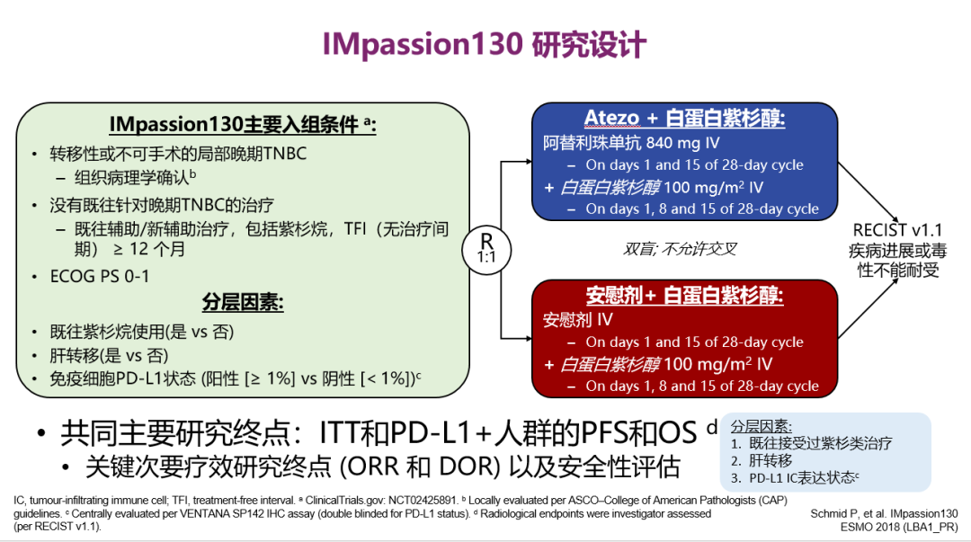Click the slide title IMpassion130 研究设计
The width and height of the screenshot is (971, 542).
pyautogui.click(x=485, y=44)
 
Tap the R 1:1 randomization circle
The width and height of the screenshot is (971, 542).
pyautogui.click(x=485, y=246)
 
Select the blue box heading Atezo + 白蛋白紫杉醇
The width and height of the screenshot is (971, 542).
pyautogui.click(x=684, y=119)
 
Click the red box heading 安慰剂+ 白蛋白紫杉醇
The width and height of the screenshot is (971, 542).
pyautogui.click(x=684, y=296)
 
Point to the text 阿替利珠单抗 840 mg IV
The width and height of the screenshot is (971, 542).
pyautogui.click(x=631, y=142)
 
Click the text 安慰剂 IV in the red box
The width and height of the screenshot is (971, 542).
pyautogui.click(x=578, y=319)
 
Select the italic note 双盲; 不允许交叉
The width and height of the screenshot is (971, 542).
pyautogui.click(x=680, y=249)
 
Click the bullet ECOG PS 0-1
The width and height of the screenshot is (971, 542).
pyautogui.click(x=100, y=276)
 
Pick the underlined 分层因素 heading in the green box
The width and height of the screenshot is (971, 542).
pyautogui.click(x=243, y=303)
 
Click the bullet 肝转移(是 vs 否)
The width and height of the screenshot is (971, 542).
pyautogui.click(x=109, y=355)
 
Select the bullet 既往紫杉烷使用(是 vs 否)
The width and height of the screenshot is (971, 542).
pyautogui.click(x=141, y=332)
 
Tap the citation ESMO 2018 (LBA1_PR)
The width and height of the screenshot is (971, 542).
pyautogui.click(x=906, y=526)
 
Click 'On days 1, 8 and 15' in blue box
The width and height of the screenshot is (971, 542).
pyautogui.click(x=701, y=209)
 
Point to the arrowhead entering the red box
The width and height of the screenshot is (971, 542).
pyautogui.click(x=528, y=338)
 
